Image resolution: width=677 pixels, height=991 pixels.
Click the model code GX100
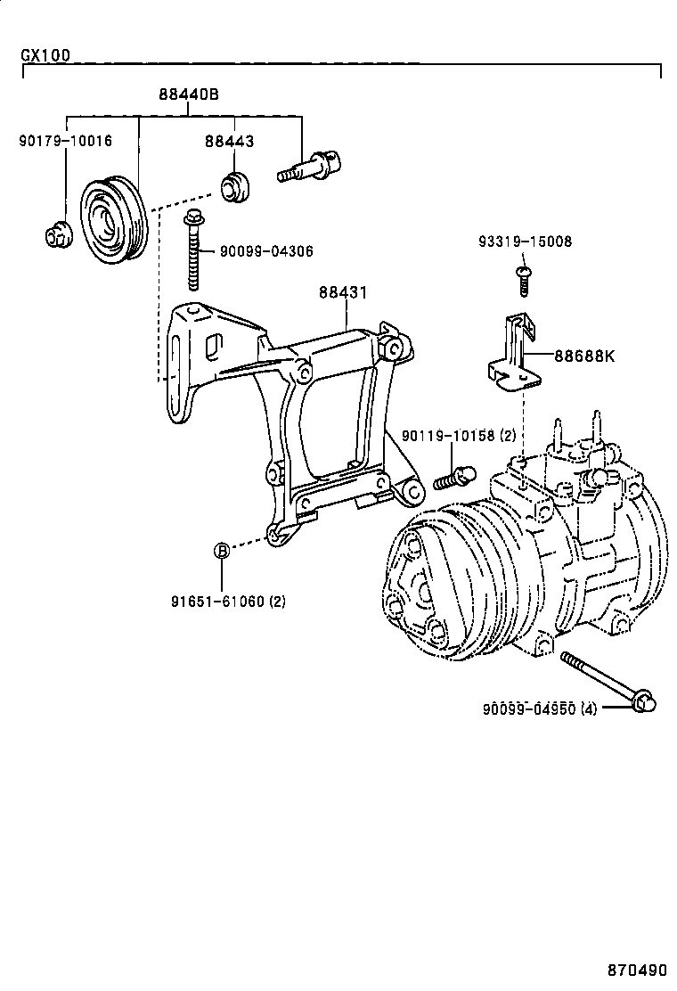pos(45,55)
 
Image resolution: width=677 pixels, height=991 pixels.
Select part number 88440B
pos(189,94)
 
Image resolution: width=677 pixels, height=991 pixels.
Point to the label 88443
pos(229,141)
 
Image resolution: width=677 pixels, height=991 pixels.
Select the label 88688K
pos(584,356)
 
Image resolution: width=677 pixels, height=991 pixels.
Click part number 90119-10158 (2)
pos(458,436)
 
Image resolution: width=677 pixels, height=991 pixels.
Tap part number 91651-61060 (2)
pos(228,601)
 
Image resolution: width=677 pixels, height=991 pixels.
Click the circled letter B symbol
pos(222,551)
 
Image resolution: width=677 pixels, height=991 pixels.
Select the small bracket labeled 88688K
pos(513,356)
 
